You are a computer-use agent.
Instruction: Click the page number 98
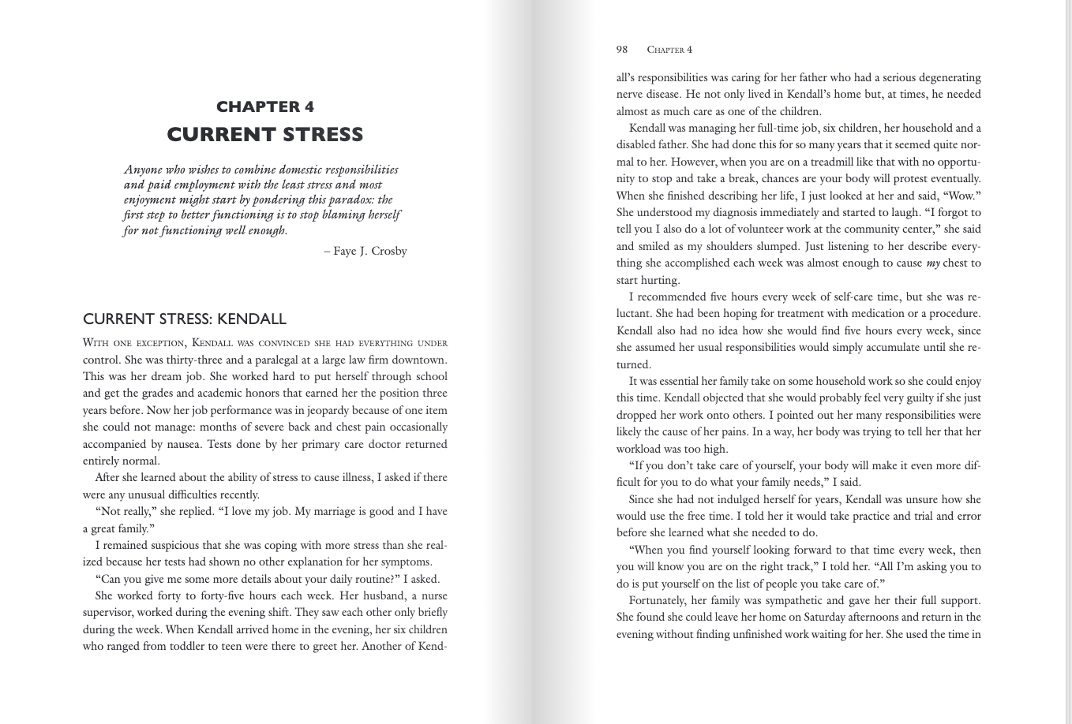pos(622,50)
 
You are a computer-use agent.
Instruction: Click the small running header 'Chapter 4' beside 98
pos(669,50)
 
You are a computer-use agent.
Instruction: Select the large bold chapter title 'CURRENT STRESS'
pos(265,135)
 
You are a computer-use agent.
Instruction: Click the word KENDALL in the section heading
pos(252,319)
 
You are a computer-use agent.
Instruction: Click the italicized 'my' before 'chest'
pos(933,263)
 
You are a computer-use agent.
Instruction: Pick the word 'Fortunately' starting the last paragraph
pos(658,600)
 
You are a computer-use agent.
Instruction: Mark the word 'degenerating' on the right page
pos(949,77)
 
